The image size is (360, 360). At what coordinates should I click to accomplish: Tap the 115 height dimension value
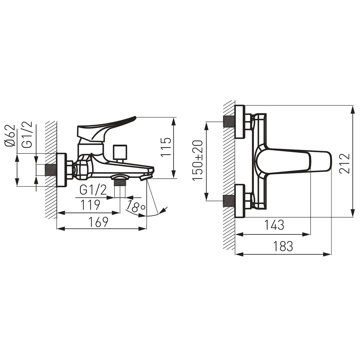click(166, 147)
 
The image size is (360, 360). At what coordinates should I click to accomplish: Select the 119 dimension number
click(90, 205)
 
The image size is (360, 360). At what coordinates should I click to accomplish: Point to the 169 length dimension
click(98, 222)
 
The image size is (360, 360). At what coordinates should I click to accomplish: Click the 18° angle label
click(136, 207)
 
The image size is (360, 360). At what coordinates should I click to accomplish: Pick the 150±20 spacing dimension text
click(197, 160)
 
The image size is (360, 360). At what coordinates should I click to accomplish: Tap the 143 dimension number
click(274, 225)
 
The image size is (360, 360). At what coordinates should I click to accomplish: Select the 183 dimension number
click(283, 246)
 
